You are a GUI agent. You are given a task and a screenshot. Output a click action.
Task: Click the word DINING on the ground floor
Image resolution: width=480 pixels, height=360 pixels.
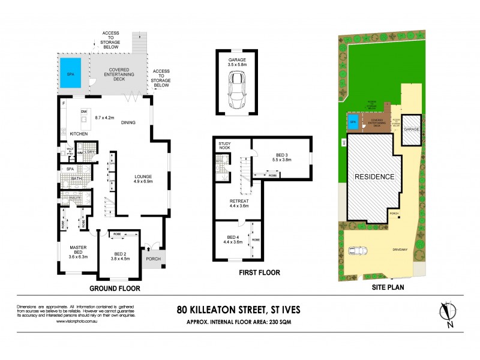click(x=127, y=123)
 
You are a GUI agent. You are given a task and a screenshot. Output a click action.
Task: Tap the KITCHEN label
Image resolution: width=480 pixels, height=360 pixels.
click(x=79, y=133)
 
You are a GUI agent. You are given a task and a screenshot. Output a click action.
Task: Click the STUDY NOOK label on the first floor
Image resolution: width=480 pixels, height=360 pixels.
click(x=226, y=146)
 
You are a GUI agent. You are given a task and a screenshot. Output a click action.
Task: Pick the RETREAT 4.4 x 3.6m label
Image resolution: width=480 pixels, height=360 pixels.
click(x=240, y=205)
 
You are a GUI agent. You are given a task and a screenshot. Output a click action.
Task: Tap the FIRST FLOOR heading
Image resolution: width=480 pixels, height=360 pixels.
click(x=259, y=272)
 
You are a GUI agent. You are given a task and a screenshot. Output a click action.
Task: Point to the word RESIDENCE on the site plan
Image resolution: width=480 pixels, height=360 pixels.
click(x=374, y=177)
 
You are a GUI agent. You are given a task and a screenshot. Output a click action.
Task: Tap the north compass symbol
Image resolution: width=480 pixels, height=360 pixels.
click(x=445, y=313)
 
